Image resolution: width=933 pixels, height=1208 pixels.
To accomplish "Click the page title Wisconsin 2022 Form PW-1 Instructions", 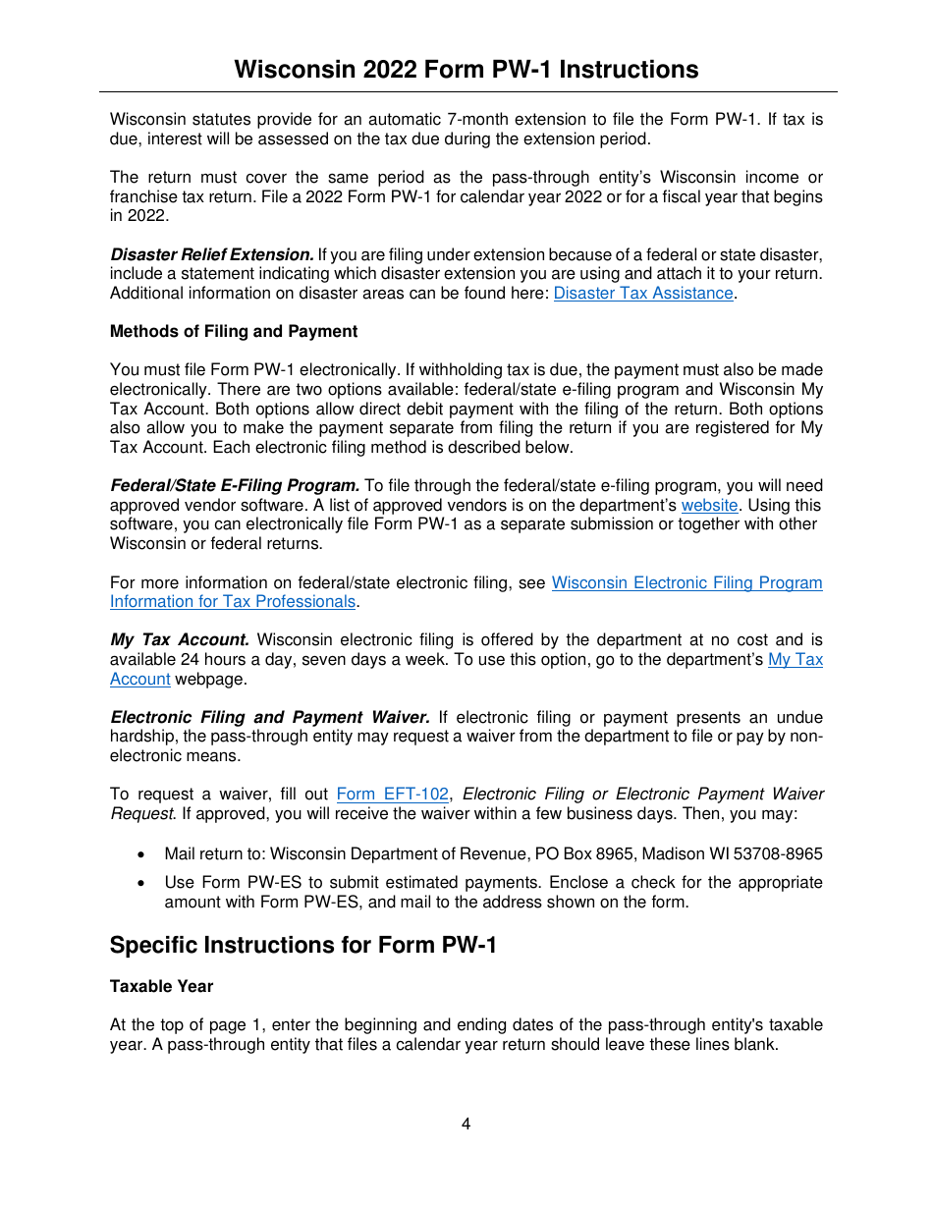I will click(x=466, y=70).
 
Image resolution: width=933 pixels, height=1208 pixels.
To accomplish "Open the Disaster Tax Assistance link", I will click(x=643, y=293).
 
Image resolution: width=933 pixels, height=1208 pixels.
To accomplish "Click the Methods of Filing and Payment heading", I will click(x=234, y=331).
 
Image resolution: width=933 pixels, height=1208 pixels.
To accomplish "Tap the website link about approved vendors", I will click(x=709, y=505).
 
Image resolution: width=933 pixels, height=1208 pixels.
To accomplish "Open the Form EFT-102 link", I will click(x=392, y=794).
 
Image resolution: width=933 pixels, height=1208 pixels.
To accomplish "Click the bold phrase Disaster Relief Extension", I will click(x=211, y=254).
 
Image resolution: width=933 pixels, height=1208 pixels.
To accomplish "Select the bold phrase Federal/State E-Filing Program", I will click(x=235, y=485).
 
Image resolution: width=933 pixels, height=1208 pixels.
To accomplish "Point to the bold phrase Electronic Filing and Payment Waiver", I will click(x=270, y=717).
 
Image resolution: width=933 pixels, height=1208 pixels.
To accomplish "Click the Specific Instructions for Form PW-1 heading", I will click(x=303, y=945).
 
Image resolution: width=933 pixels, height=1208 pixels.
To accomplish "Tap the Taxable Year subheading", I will click(x=161, y=986).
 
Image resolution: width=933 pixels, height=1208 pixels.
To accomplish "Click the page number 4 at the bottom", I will click(x=466, y=1124).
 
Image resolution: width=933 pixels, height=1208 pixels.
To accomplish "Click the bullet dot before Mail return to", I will click(x=144, y=854).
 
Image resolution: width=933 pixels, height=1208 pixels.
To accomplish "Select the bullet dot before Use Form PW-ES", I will click(x=144, y=883).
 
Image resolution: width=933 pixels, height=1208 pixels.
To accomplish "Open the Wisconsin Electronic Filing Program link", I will click(x=686, y=582).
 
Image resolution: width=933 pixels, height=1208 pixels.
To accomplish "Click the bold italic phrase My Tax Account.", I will click(x=179, y=639).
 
